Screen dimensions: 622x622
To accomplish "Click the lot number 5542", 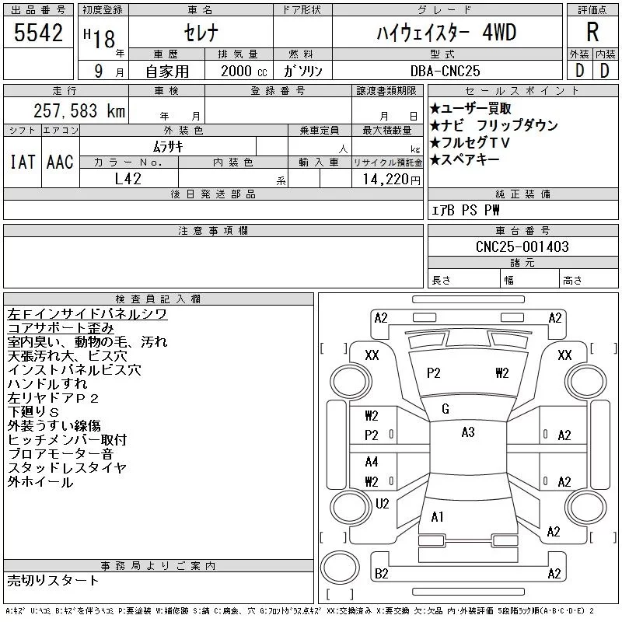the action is point(38,33).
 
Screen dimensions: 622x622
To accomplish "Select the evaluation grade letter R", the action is point(592,32).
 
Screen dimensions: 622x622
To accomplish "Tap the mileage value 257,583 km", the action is point(79,110).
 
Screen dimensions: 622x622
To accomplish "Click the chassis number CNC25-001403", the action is point(522,246).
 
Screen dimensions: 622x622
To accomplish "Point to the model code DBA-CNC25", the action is point(445,71).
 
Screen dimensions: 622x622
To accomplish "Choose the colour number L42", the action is point(128,179).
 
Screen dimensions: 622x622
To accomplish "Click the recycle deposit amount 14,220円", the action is point(392,180).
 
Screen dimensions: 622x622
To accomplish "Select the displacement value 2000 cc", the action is point(243,71).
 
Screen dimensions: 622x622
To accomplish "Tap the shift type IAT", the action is point(23,162).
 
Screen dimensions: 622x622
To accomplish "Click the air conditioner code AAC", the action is point(60,162).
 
